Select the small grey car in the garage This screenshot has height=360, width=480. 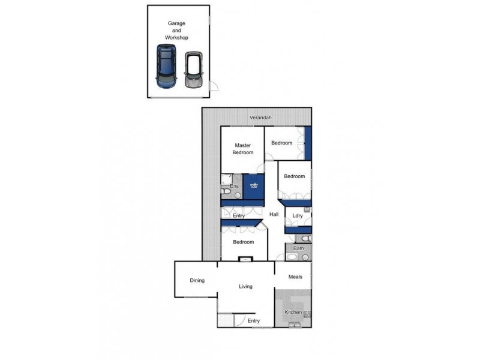click(x=193, y=70)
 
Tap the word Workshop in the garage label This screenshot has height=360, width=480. click(x=178, y=38)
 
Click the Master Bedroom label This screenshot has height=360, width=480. click(x=243, y=149)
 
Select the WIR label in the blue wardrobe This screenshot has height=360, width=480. click(x=254, y=185)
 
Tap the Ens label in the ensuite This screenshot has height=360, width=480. click(x=234, y=187)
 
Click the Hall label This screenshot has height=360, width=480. click(x=274, y=214)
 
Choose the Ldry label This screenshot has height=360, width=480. click(x=297, y=215)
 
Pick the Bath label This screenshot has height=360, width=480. click(x=298, y=248)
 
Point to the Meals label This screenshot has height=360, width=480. click(x=294, y=277)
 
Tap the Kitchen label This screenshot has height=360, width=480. click(x=292, y=313)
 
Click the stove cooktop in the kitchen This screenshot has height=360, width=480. click(x=308, y=314)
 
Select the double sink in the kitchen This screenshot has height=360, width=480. click(x=295, y=325)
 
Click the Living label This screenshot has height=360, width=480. click(x=246, y=287)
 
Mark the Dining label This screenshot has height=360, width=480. click(x=197, y=280)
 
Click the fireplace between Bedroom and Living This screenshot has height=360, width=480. click(x=246, y=260)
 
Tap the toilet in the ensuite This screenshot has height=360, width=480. click(x=236, y=193)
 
